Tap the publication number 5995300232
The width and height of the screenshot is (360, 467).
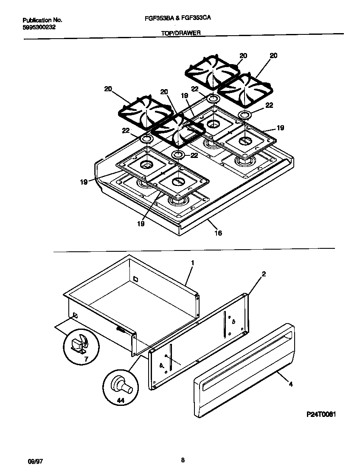point(39,27)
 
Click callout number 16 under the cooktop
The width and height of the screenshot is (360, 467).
point(218,233)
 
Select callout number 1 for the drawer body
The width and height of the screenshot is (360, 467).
point(192,263)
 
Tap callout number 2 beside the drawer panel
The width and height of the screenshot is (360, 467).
point(264,274)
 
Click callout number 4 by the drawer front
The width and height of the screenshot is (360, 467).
point(290,385)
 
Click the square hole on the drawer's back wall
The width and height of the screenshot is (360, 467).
point(135,279)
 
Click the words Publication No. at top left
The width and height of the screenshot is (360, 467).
point(42,20)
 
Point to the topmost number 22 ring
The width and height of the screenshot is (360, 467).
point(213,99)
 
